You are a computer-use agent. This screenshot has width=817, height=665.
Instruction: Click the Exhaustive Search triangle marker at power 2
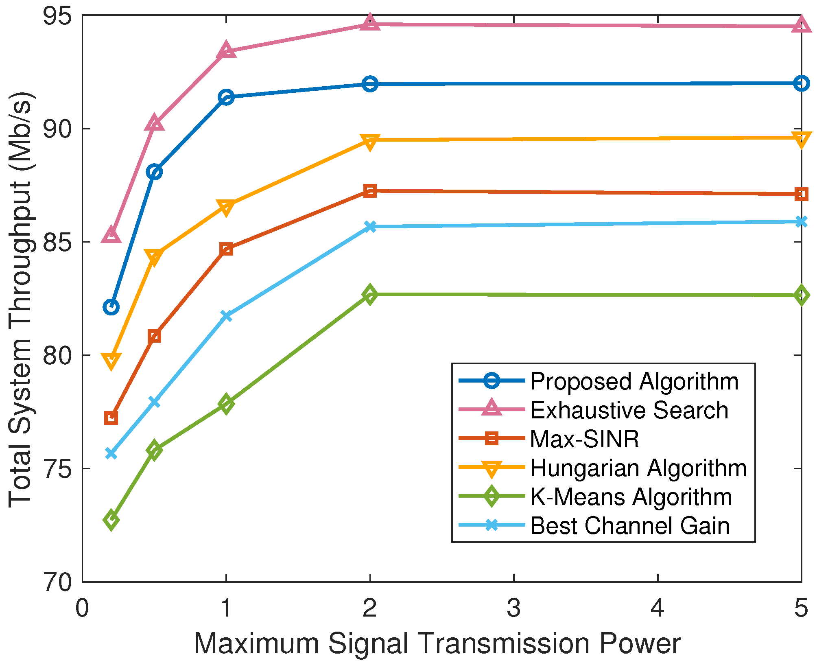pos(370,23)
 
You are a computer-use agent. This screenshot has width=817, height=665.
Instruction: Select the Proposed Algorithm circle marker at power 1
pos(226,97)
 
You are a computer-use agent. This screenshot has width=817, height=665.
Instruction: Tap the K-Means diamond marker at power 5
pos(801,295)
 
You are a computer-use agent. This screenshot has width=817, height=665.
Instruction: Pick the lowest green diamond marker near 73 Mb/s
pos(111,520)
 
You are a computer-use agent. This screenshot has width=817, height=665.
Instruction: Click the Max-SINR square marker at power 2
pos(370,190)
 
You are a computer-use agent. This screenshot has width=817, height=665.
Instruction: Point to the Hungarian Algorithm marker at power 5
pos(801,139)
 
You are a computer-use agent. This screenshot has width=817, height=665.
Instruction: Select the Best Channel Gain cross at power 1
pos(226,316)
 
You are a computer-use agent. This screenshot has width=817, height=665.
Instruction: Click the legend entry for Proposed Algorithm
pos(634,381)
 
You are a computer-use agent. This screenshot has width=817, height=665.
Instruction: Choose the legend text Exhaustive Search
pos(629,410)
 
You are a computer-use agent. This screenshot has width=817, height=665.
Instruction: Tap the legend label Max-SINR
pos(584,439)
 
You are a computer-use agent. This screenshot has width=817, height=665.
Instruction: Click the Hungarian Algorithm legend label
pos(638,468)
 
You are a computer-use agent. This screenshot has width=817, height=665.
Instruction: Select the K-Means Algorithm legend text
pos(631,497)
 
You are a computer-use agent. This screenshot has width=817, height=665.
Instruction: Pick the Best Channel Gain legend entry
pos(629,525)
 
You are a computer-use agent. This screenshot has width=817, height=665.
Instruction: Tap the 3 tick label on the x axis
pos(514,608)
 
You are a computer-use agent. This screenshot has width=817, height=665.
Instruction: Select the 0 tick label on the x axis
pos(82,608)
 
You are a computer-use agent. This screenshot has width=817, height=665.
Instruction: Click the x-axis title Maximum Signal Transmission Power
pos(437,644)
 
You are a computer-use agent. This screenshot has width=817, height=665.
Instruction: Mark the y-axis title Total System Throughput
pos(20,299)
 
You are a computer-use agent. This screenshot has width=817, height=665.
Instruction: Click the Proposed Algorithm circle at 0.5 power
pos(154,172)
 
